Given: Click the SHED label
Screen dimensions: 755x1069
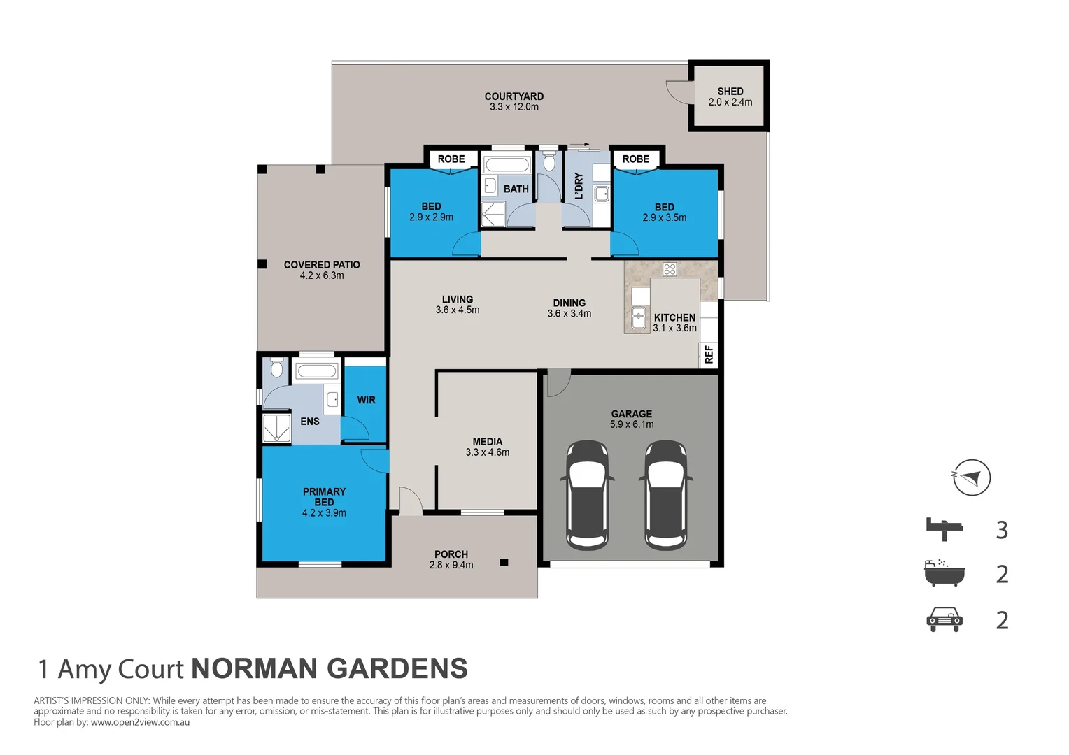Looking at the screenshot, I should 730,91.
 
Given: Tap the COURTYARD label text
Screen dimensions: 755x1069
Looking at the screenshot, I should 514,96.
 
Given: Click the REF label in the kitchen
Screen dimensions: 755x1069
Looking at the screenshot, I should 709,354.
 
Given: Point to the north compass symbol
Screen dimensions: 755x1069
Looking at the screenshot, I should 971,477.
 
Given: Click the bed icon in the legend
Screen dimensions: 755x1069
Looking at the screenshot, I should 944,529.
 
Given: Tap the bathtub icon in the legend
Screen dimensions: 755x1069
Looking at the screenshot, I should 944,573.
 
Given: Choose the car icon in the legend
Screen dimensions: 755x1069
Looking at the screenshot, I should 944,619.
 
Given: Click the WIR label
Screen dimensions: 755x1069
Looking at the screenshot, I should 366,400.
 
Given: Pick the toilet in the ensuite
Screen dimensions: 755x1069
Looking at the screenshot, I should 276,368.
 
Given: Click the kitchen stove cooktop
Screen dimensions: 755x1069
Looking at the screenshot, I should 670,269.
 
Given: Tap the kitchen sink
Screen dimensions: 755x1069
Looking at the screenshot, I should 638,318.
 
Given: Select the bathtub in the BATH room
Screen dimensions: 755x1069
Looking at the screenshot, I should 507,166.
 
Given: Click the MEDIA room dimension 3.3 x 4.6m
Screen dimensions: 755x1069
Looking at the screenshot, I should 487,452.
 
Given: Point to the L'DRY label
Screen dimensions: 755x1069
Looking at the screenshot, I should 579,186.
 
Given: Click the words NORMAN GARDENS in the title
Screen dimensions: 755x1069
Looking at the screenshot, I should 330,669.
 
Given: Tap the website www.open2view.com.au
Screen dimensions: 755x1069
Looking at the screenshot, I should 140,722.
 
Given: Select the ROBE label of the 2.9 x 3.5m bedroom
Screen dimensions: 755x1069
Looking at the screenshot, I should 635,159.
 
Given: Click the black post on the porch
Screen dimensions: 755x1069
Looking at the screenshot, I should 504,562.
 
